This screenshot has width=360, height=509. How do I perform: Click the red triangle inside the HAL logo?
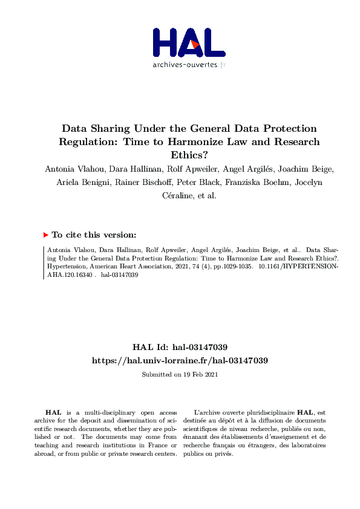(194, 45)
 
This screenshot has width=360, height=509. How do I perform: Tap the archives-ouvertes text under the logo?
(189, 64)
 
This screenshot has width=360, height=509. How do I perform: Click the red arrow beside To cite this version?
(45, 235)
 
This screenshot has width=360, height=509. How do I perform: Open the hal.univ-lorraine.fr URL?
(180, 360)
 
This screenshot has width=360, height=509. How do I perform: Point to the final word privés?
(223, 453)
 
